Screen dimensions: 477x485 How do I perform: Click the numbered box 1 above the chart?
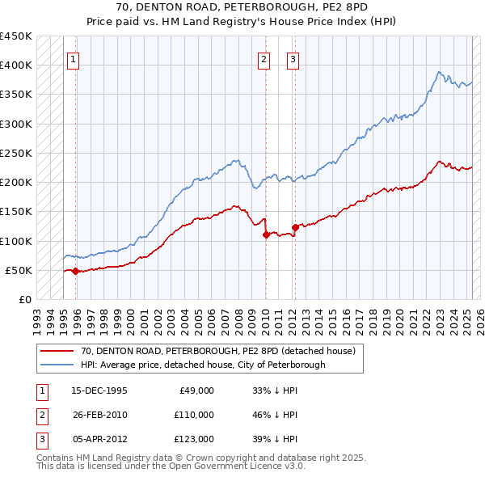74,58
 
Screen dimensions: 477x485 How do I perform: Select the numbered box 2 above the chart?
264,58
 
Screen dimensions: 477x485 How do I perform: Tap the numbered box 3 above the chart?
293,58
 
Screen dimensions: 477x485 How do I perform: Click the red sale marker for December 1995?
75,271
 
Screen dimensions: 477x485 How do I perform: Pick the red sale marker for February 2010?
266,235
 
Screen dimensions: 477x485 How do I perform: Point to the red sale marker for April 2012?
295,227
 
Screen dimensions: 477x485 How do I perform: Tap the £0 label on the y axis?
25,299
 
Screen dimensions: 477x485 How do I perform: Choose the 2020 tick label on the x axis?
399,318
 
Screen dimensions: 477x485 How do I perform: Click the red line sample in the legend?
57,352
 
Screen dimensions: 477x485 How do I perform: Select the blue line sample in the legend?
57,365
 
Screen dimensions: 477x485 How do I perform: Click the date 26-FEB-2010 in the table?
99,414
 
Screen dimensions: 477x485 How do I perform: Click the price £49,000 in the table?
196,390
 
